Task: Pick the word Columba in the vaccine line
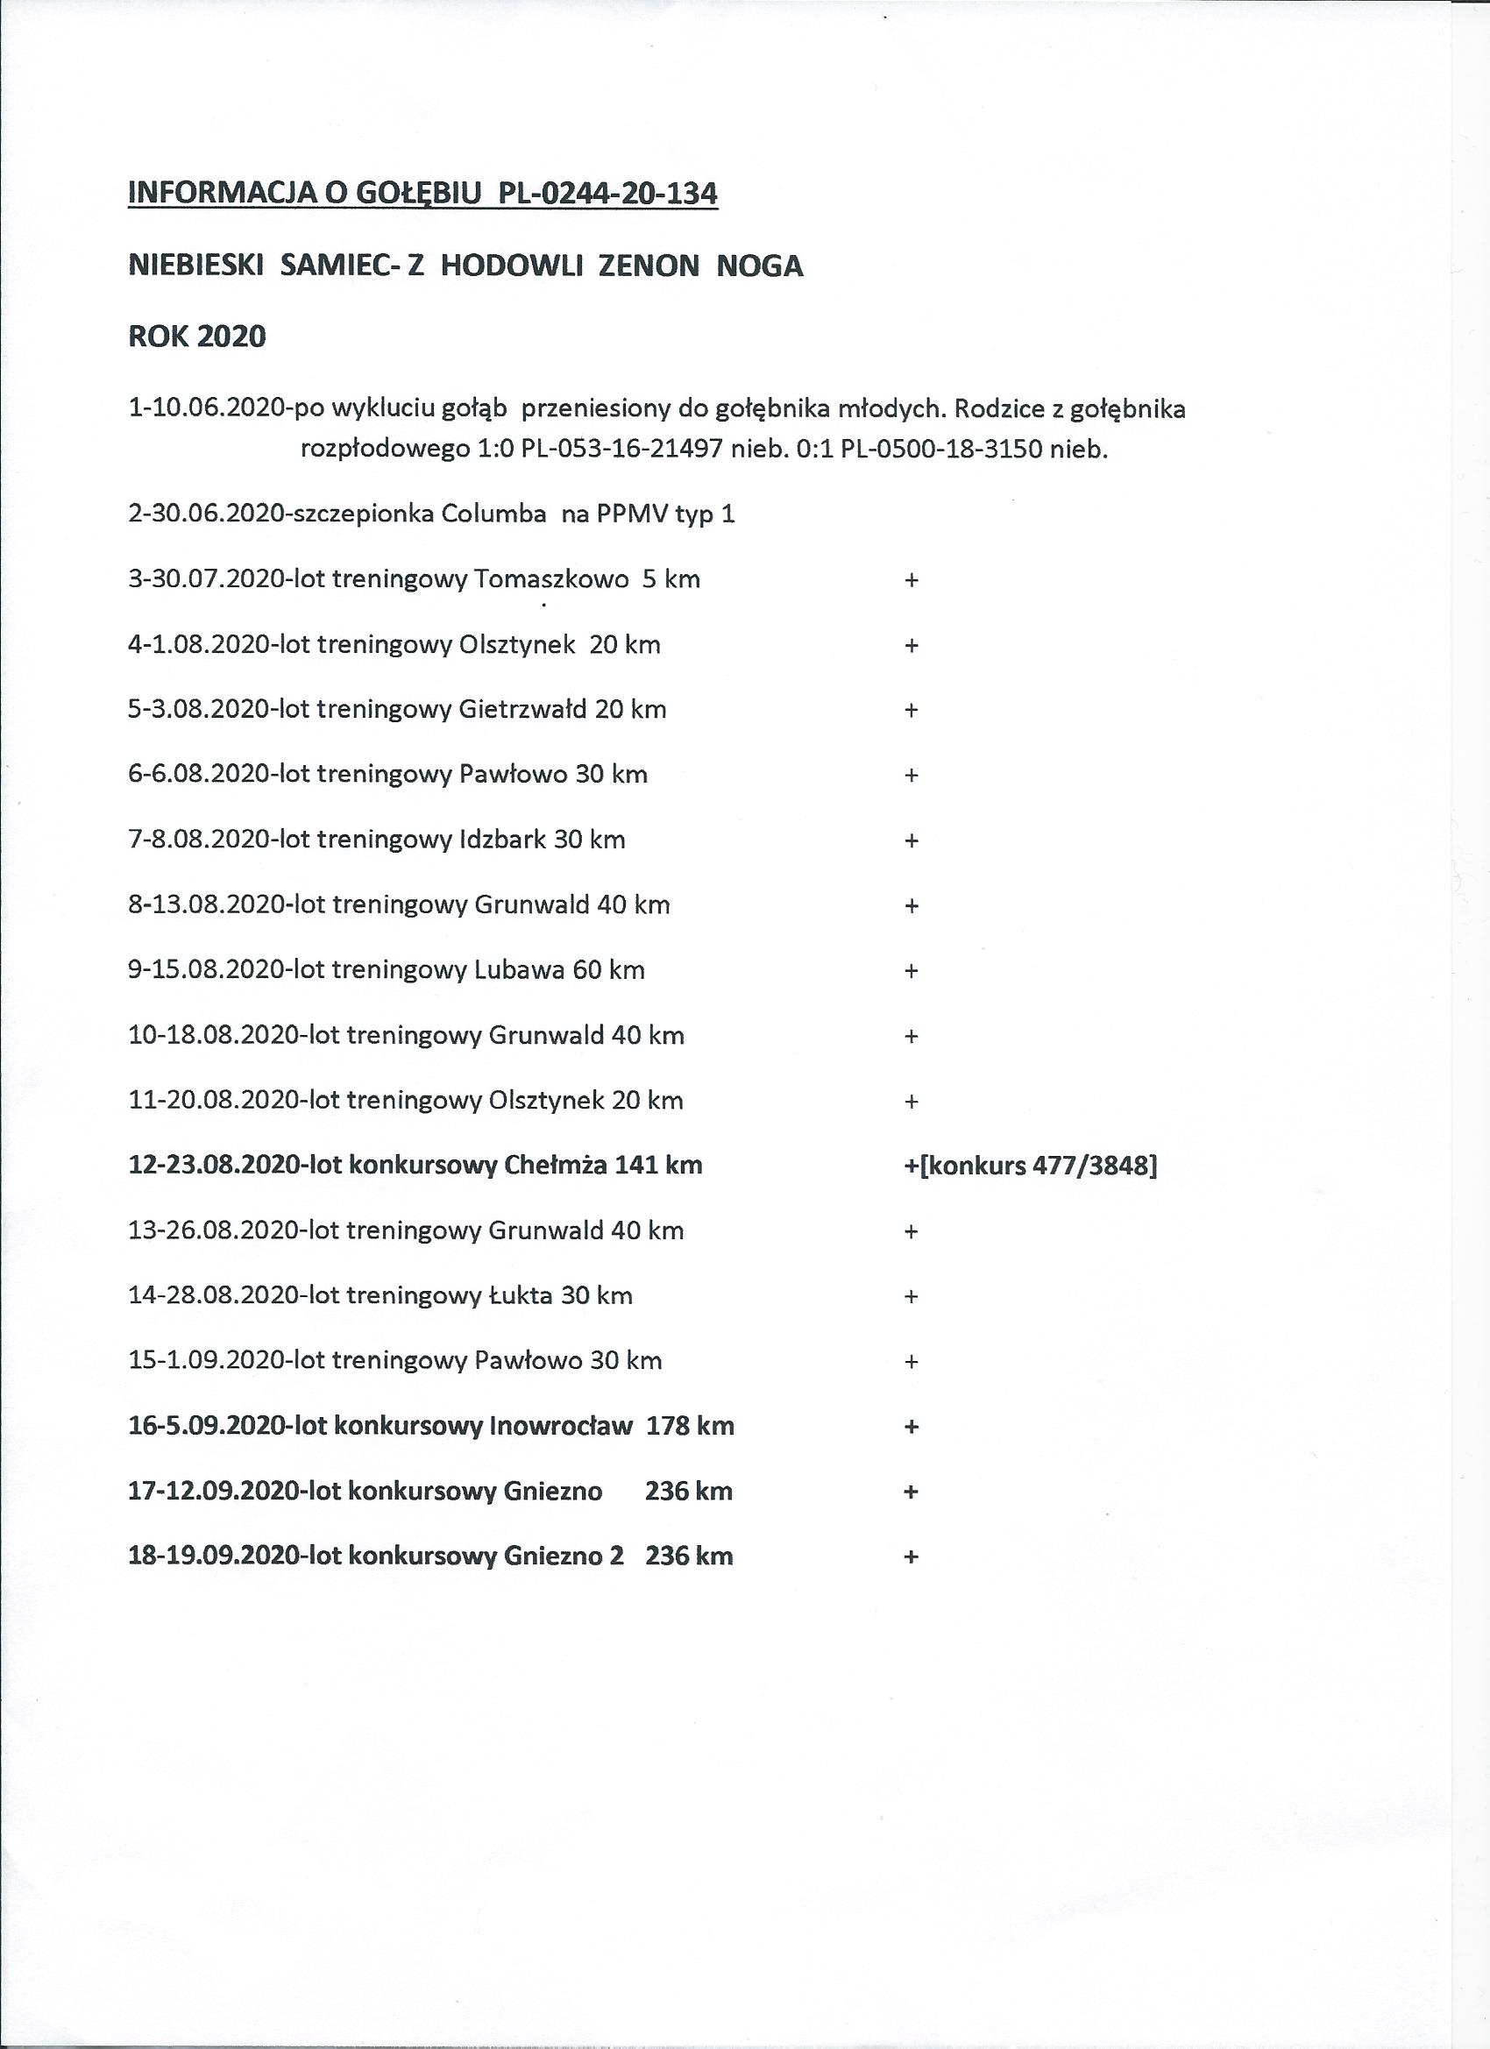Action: (x=493, y=514)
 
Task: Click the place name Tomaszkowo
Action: (x=551, y=579)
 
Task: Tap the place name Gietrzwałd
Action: (x=523, y=709)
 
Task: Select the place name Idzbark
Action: (x=503, y=840)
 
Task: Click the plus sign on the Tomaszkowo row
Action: (x=911, y=580)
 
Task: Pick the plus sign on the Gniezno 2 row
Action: (x=911, y=1556)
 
